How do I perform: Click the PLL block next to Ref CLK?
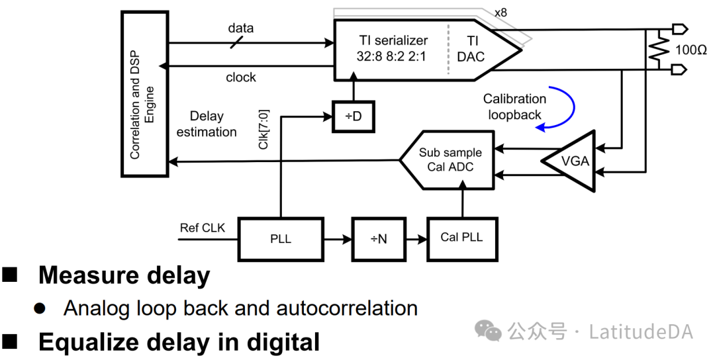281,238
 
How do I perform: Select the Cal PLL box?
461,238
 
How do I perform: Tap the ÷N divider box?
378,238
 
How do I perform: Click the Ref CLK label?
203,228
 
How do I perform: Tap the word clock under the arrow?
241,77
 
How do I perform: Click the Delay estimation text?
207,124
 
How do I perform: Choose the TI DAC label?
471,48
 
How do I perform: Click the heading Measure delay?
124,275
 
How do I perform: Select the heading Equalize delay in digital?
179,342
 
